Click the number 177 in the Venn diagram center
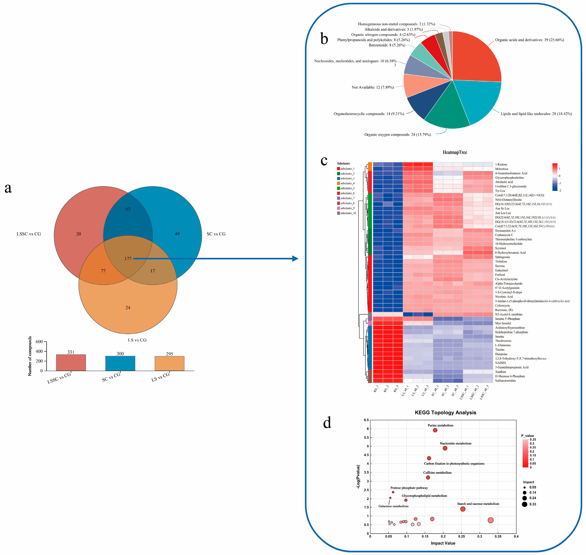coord(128,259)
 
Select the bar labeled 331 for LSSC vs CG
coord(71,362)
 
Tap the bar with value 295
coord(169,363)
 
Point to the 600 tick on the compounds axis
coord(39,342)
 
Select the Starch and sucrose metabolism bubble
coord(463,509)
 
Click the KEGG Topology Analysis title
coord(445,412)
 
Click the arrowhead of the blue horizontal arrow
coord(295,259)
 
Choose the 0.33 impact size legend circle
coord(524,504)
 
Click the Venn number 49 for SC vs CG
coord(177,234)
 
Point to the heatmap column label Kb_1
coord(376,389)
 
